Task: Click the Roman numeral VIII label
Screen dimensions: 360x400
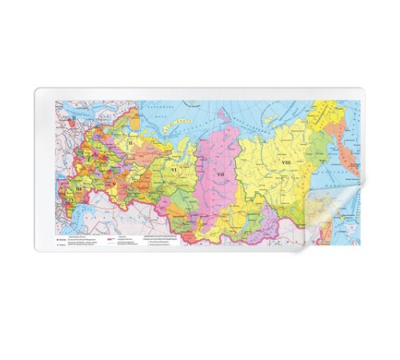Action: click(x=286, y=163)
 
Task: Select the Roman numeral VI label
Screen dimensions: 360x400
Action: click(x=173, y=170)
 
